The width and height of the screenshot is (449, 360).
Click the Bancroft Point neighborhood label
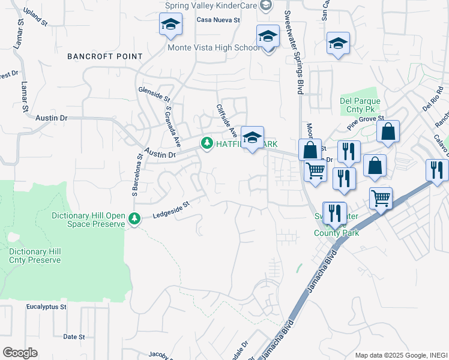click(x=105, y=56)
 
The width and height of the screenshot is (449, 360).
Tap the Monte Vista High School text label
click(x=214, y=47)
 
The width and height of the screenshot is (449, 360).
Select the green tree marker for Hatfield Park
click(x=207, y=143)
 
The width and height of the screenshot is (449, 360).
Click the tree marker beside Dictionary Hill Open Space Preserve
click(x=135, y=220)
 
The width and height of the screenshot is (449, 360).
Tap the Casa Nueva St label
click(x=218, y=20)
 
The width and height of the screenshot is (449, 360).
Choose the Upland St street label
click(x=35, y=17)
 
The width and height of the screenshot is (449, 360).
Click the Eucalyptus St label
click(x=46, y=307)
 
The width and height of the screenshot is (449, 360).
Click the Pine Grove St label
click(x=365, y=124)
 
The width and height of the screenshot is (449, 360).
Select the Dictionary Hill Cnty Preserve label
click(x=35, y=256)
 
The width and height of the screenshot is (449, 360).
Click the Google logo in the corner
click(x=20, y=353)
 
